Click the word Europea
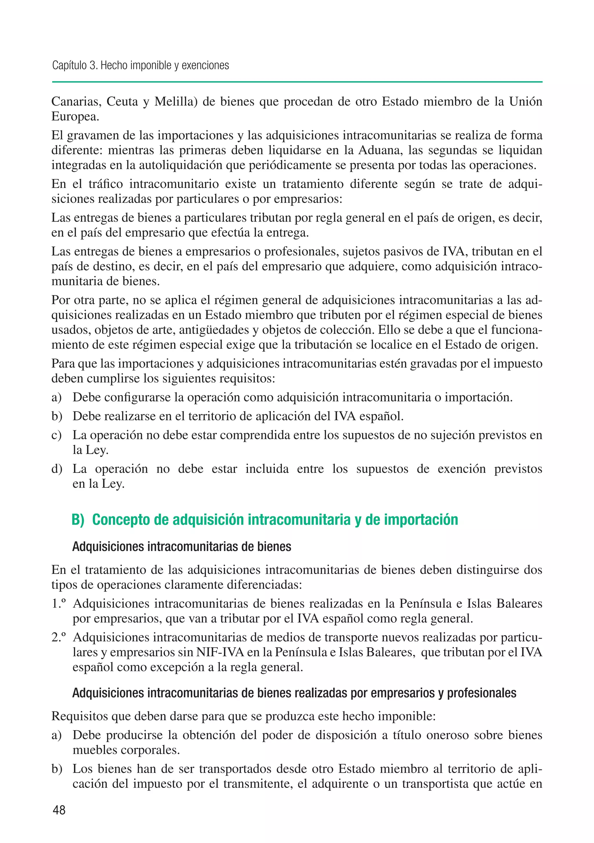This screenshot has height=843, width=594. point(75,116)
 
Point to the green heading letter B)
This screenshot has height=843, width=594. point(78,520)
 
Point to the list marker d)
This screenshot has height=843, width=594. point(57,469)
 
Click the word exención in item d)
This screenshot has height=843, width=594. point(461,469)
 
